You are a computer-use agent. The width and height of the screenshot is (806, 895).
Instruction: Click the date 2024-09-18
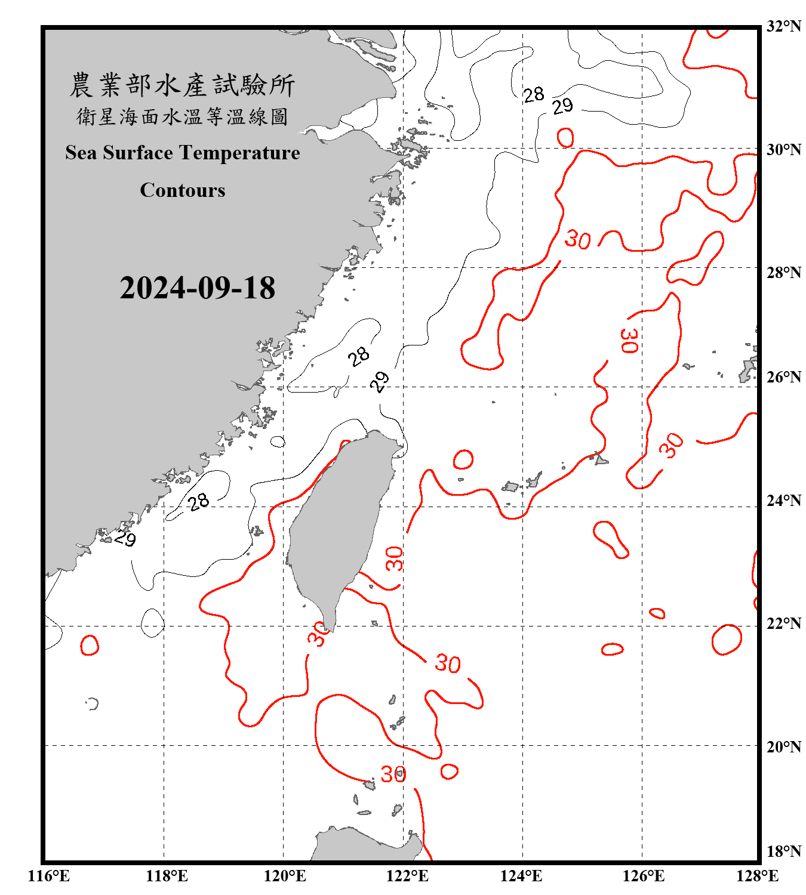[197, 288]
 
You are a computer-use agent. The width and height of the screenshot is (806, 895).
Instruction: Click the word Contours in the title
[183, 190]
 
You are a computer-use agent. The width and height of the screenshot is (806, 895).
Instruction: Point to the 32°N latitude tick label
[783, 26]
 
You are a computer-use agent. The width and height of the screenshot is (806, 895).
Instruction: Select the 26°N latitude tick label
[783, 377]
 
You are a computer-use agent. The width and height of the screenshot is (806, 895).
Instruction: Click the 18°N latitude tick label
[783, 851]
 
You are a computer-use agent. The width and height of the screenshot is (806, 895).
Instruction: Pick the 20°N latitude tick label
[783, 746]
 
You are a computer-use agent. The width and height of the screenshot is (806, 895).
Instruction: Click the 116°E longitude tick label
[49, 876]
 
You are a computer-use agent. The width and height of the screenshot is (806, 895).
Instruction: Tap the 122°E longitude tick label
[407, 876]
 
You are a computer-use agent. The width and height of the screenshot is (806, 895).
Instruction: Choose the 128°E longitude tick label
[757, 876]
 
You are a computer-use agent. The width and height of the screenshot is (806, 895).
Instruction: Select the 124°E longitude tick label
[521, 876]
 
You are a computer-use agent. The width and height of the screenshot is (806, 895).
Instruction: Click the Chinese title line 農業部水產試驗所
[182, 85]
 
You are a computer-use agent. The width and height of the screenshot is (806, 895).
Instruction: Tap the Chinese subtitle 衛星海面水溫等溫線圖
[182, 117]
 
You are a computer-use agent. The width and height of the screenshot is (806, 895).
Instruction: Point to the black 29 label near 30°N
[562, 106]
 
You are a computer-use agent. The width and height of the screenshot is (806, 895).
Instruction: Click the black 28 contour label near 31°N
[533, 94]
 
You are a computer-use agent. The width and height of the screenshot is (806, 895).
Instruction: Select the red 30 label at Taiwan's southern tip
[318, 634]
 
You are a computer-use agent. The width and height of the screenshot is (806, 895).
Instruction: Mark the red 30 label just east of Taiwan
[394, 558]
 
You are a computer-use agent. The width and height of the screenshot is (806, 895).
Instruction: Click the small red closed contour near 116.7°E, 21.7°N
[90, 645]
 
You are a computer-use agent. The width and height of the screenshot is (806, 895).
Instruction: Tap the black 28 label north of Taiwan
[359, 357]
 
